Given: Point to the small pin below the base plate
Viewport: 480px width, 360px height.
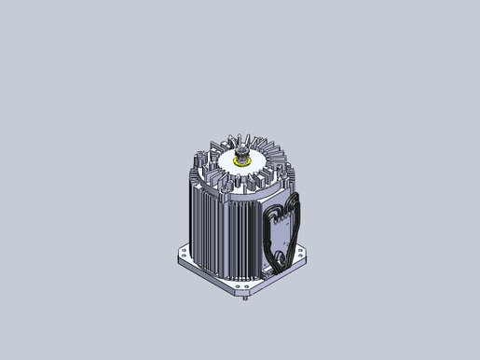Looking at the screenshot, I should pos(244,298).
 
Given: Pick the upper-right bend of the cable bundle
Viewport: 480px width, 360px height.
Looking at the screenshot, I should pos(296,201).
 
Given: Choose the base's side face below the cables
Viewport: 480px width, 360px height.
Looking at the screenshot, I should pos(284,272).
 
